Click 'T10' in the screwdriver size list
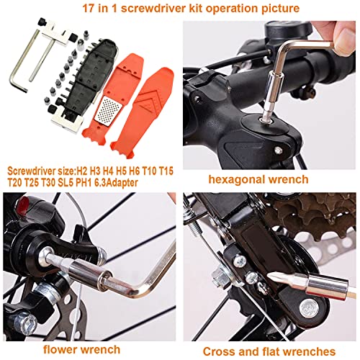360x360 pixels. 150,171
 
